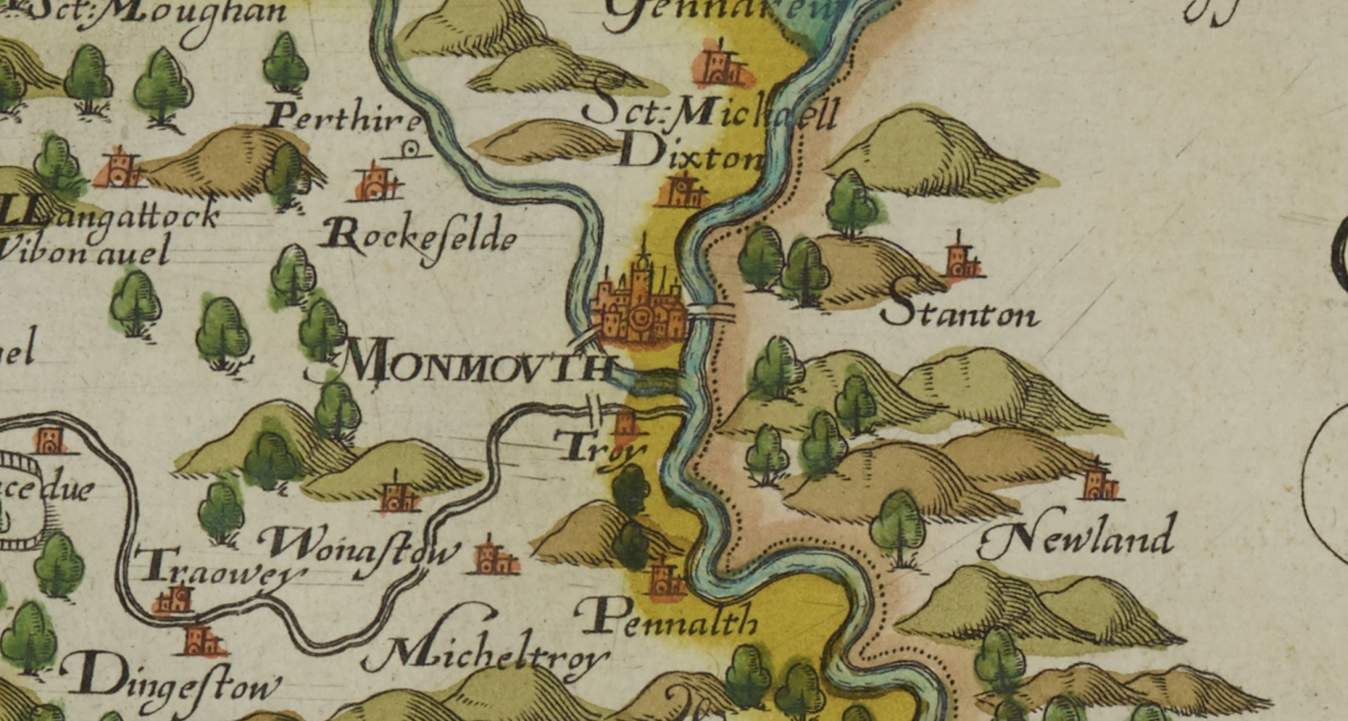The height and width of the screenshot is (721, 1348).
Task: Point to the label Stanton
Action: [961, 307]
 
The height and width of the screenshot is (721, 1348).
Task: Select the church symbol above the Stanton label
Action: [961, 259]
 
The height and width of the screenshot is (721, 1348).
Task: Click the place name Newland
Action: [1077, 537]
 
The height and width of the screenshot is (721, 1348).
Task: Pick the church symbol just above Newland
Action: [1098, 482]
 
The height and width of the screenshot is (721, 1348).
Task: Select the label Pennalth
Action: [670, 619]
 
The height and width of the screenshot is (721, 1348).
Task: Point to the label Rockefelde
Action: [419, 237]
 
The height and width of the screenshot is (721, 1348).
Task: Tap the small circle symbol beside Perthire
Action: [412, 149]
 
